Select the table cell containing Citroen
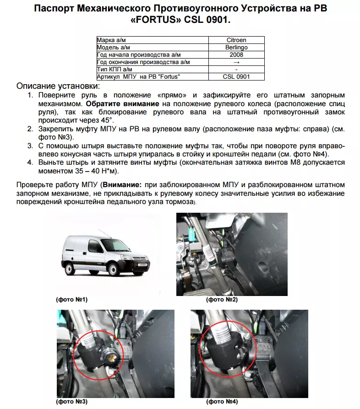[x=236, y=40]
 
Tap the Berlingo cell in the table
[x=236, y=48]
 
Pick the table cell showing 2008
[x=236, y=55]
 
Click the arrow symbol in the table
[x=236, y=62]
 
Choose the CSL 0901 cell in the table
[x=236, y=77]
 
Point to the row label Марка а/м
[x=112, y=40]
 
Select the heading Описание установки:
[x=58, y=86]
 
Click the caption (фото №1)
[x=71, y=300]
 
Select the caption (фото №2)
[x=222, y=300]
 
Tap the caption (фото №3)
[x=71, y=402]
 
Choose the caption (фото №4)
[x=222, y=402]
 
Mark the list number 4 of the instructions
[x=30, y=162]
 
